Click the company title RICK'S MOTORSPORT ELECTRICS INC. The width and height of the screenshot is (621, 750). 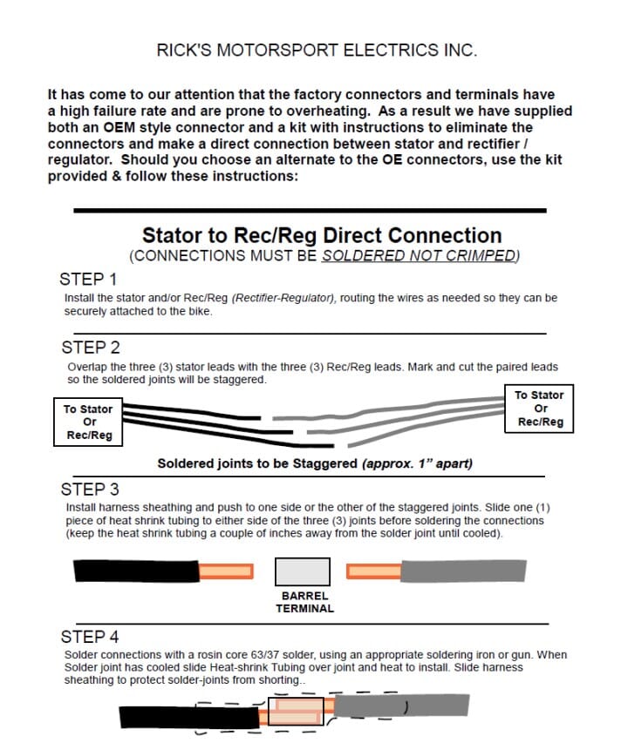click(317, 51)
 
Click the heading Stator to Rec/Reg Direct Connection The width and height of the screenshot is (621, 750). click(322, 235)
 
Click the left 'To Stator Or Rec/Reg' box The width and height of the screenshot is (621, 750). click(88, 422)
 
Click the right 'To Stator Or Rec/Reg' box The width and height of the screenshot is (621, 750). click(540, 409)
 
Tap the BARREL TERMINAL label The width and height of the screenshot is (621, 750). click(304, 602)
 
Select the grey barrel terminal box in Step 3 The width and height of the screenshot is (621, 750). click(303, 571)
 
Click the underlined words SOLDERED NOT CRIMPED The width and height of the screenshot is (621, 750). click(419, 256)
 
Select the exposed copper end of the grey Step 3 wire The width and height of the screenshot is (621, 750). click(373, 571)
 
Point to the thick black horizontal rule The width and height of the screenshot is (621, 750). click(310, 211)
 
